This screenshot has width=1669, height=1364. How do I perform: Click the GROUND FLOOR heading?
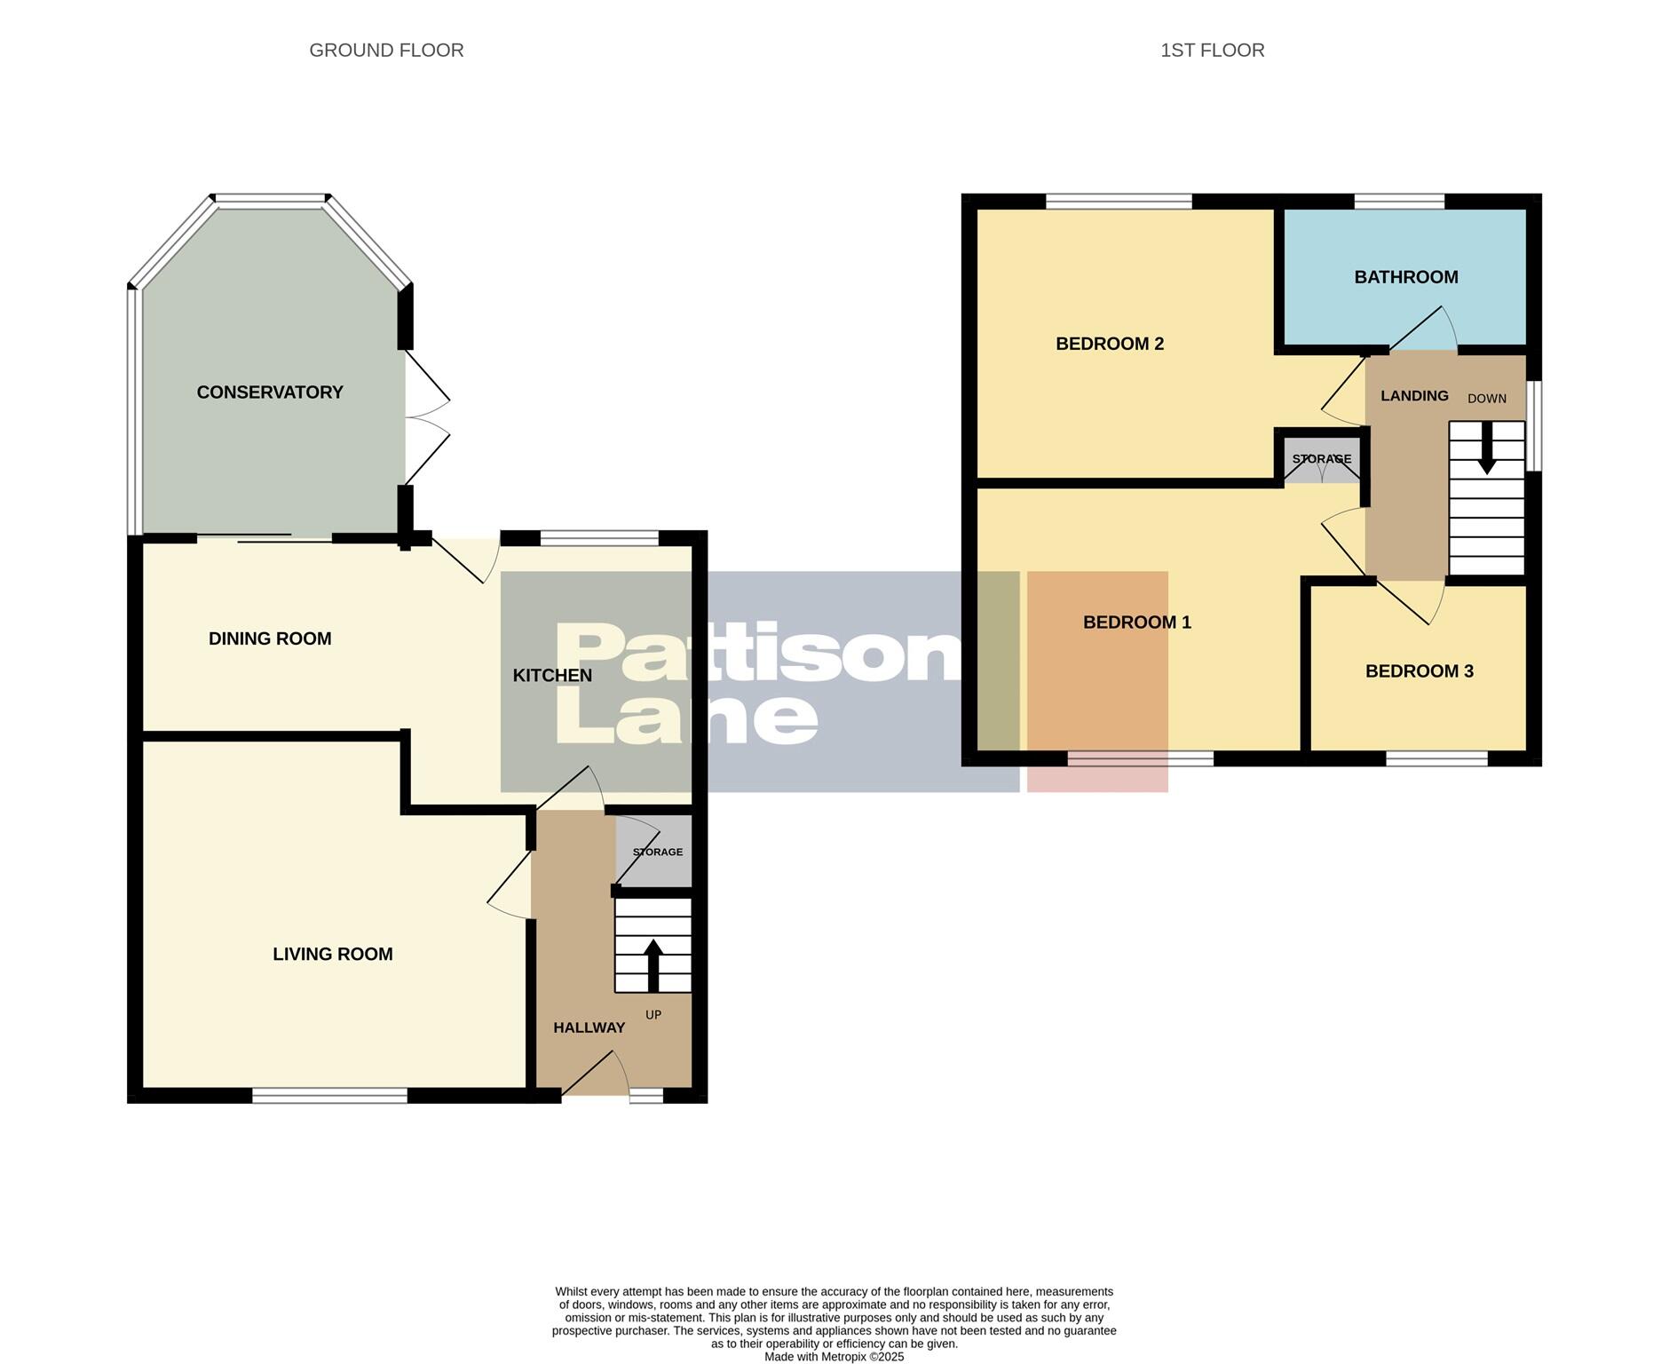point(386,51)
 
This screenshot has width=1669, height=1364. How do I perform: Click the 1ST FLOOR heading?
point(1212,51)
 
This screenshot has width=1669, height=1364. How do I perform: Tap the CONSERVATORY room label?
point(270,393)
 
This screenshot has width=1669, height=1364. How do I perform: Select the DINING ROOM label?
point(270,638)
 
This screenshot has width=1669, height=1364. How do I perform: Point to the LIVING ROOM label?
point(332,955)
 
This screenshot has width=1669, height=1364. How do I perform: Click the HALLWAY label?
point(589,1028)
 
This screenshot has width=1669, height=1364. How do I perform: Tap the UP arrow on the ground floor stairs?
point(653,964)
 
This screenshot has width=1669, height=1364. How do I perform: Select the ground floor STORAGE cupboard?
point(655,852)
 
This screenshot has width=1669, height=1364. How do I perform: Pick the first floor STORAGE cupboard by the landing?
point(1321,460)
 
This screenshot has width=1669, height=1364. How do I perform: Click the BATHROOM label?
point(1405,277)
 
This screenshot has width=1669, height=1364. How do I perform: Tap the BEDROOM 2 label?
point(1109,345)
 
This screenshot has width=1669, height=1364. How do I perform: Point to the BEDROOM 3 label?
point(1419,671)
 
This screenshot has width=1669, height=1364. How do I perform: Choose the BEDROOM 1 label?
point(1136,623)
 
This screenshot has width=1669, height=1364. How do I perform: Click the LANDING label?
point(1413,396)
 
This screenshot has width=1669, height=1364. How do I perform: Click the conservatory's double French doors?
point(426,417)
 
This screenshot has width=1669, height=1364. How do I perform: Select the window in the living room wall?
point(329,1096)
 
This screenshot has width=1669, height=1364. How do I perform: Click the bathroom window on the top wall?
point(1398,202)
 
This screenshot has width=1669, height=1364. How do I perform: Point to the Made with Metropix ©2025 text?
point(834,1357)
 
